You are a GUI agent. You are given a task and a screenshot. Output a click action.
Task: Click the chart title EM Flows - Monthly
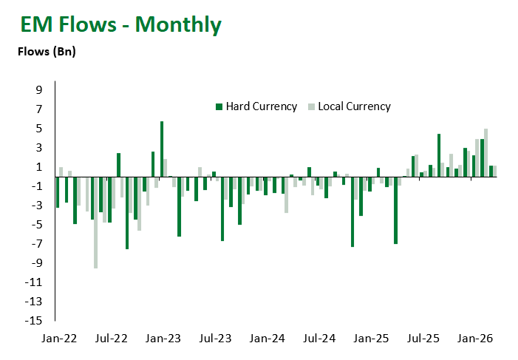coord(121,24)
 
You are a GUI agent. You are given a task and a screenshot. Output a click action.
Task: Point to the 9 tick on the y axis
coord(39,90)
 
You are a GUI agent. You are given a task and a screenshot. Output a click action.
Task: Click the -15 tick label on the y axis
coord(35,321)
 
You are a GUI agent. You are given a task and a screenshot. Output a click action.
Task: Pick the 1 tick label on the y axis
coord(39,167)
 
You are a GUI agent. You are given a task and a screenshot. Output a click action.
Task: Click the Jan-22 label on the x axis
coord(61,339)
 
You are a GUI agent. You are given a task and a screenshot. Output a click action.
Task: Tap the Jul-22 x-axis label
coord(112,339)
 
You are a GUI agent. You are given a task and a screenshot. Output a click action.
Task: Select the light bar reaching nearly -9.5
coord(95,222)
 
